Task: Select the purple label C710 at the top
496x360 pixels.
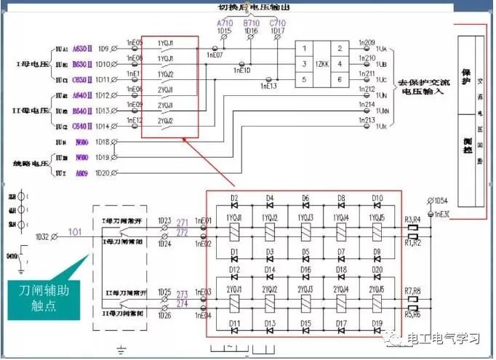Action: click(x=278, y=23)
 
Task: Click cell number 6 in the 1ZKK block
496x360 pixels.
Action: click(x=340, y=80)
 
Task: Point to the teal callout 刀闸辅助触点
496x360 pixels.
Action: click(x=43, y=299)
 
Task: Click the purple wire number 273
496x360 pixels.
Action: click(x=182, y=295)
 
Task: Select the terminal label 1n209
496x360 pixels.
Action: click(x=367, y=43)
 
